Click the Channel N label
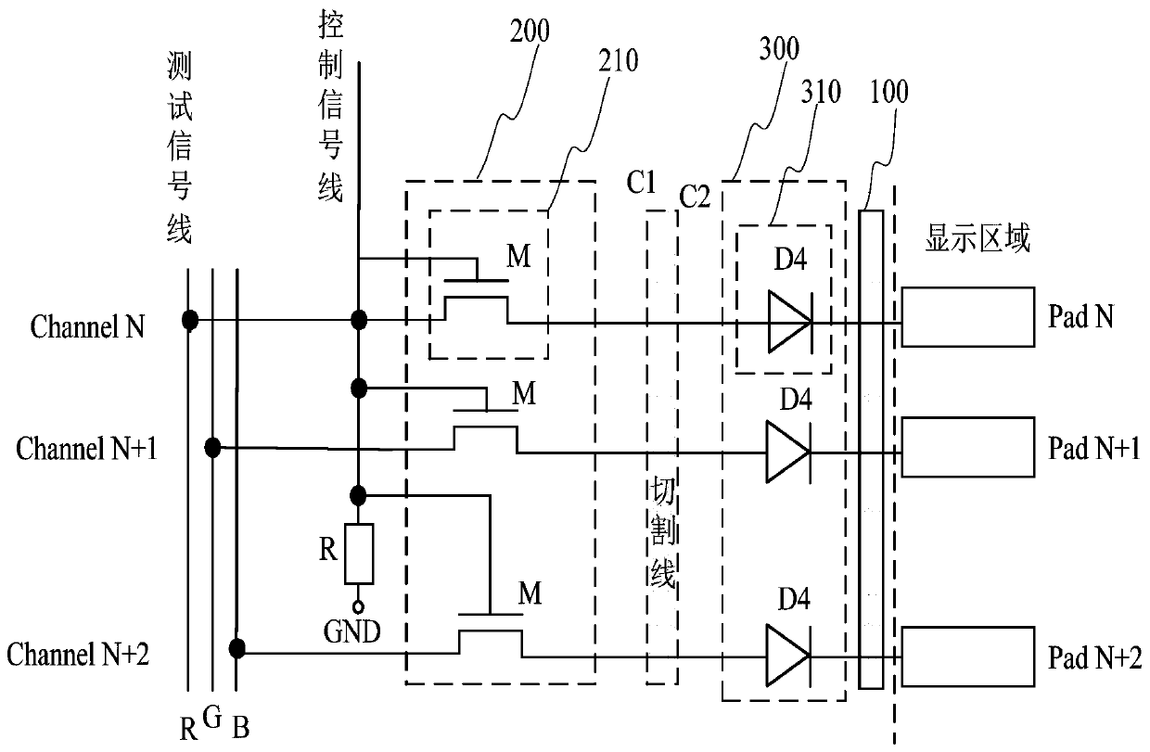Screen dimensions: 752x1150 [x=87, y=327]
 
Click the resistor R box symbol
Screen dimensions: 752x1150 [x=358, y=554]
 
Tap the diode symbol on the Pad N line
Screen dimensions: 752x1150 [x=789, y=323]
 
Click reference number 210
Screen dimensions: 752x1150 [x=618, y=63]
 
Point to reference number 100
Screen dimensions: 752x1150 [x=889, y=92]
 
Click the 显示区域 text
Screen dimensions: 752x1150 [x=977, y=240]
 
